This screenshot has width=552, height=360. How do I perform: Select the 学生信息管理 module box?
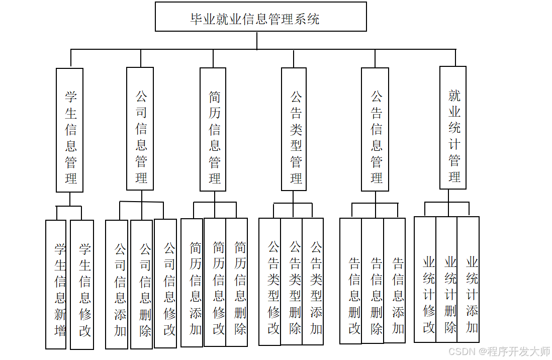[x=69, y=130]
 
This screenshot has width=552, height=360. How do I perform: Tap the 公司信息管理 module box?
[x=140, y=129]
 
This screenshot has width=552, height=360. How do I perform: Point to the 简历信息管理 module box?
[x=213, y=129]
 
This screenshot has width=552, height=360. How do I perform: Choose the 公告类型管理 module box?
[x=294, y=129]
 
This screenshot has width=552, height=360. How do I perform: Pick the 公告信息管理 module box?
[x=375, y=129]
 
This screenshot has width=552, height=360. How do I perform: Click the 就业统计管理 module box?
[x=453, y=128]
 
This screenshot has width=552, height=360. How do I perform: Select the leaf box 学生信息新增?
[x=56, y=284]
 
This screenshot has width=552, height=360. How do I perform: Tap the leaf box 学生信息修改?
[x=82, y=285]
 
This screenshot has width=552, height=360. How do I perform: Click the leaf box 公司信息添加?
[x=117, y=284]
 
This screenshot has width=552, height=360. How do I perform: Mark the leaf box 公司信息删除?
[x=141, y=284]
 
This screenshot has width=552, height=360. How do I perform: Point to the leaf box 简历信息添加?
[x=192, y=283]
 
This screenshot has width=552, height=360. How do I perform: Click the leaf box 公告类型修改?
[x=270, y=282]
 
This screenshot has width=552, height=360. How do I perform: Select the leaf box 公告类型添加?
[x=313, y=281]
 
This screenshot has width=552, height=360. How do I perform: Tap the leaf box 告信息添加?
[x=395, y=280]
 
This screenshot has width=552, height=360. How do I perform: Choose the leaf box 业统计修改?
[x=425, y=279]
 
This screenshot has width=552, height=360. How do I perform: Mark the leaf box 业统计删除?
[x=446, y=279]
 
